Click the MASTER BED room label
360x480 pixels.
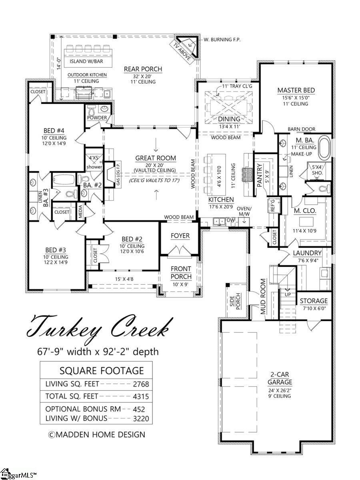[x=296, y=90]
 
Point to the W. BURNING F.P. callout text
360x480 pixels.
[x=222, y=40]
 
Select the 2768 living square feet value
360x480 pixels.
[x=141, y=384]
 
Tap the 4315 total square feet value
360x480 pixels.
[x=141, y=396]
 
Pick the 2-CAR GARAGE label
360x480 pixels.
[x=280, y=377]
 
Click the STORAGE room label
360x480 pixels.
[x=314, y=301]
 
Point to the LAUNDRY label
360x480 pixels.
[x=307, y=253]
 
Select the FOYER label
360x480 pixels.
[x=180, y=236]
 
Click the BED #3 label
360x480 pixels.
[x=56, y=250]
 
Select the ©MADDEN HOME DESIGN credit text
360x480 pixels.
[x=97, y=434]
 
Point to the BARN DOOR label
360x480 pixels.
[x=302, y=129]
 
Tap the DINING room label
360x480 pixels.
[x=229, y=119]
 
